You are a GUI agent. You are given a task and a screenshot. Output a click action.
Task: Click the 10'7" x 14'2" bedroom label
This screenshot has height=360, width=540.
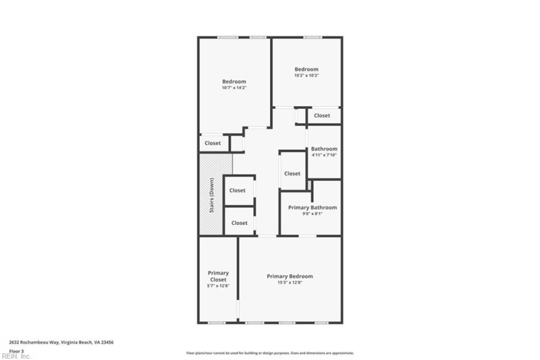coord(234,82)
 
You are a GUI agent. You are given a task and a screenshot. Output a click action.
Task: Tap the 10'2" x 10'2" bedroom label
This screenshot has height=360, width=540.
coord(306,70)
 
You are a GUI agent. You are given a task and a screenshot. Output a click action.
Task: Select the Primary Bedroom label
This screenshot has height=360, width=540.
coord(290,276)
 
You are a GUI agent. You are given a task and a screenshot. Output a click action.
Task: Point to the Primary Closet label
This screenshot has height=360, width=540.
coord(218,276)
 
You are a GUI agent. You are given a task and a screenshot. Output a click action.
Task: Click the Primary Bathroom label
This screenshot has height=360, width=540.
coord(312,207)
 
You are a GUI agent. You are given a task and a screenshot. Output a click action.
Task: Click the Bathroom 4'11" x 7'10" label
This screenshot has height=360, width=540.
coord(323,149)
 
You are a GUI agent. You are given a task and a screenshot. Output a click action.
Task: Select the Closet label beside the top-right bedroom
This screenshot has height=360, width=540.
coord(322,115)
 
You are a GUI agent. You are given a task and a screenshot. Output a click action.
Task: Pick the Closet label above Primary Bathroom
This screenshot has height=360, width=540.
coord(292,174)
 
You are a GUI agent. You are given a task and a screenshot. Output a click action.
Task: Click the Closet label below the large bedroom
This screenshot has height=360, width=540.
coord(213,143)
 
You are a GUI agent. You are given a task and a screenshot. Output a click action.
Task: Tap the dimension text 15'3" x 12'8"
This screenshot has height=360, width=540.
coord(290,283)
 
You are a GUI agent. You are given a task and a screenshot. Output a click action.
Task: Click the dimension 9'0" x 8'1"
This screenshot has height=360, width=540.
coord(312,214)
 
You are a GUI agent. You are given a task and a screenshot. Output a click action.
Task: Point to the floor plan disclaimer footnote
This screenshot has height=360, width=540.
coord(270,353)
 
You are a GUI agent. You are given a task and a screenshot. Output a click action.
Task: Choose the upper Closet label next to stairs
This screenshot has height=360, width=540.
coord(237,190)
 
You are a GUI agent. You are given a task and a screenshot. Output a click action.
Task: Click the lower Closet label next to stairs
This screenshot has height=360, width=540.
coord(240,223)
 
